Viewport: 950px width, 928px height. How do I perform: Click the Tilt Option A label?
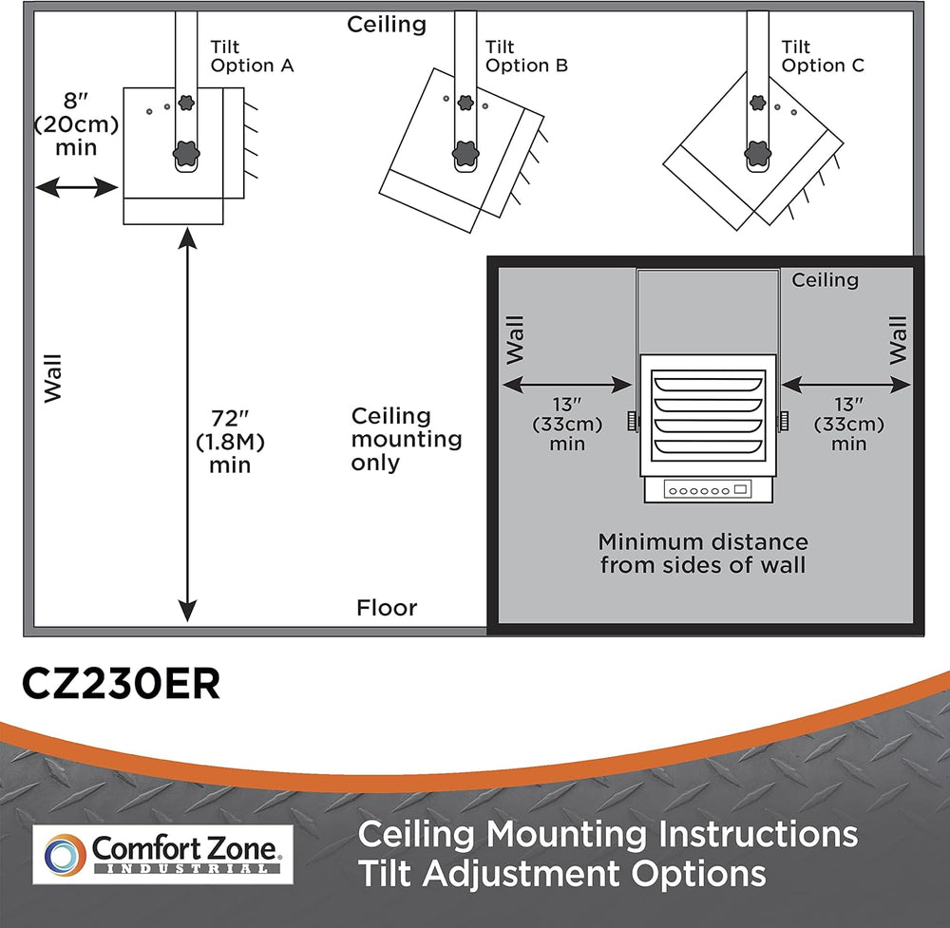pyautogui.click(x=252, y=56)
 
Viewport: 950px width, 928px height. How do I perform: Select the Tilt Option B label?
pyautogui.click(x=526, y=56)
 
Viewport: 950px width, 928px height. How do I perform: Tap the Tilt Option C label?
pyautogui.click(x=824, y=56)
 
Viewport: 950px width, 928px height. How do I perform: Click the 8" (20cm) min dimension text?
pyautogui.click(x=65, y=124)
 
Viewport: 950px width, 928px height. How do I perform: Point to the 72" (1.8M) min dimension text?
pyautogui.click(x=230, y=441)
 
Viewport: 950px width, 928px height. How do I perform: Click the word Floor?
pyautogui.click(x=387, y=608)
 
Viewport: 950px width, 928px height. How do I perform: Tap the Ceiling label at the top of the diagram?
pyautogui.click(x=387, y=24)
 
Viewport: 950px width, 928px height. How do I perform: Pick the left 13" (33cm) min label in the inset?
pyautogui.click(x=566, y=424)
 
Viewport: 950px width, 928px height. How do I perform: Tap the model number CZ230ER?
pyautogui.click(x=121, y=684)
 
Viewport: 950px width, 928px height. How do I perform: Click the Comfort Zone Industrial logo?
pyautogui.click(x=162, y=852)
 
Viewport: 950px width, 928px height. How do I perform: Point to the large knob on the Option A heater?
pyautogui.click(x=186, y=152)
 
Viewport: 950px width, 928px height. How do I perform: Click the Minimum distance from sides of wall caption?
pyautogui.click(x=703, y=553)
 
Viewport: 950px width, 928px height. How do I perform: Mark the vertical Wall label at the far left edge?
pyautogui.click(x=51, y=378)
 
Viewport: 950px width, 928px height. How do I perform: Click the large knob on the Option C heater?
pyautogui.click(x=757, y=151)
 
